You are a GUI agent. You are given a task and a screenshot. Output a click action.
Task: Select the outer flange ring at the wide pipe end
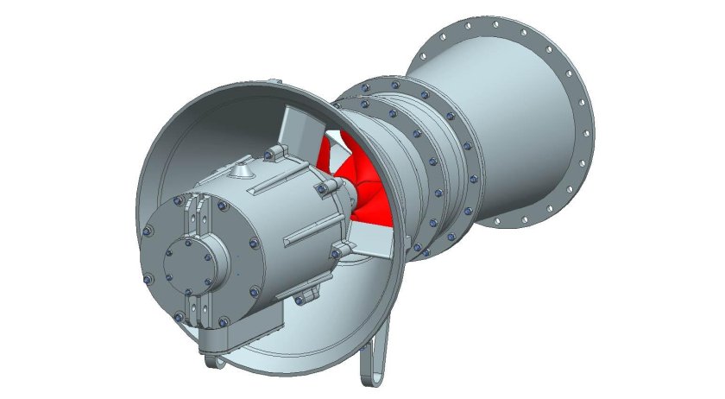pos(580,104)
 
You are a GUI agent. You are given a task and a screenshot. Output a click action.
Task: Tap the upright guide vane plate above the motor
pos(298,130)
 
